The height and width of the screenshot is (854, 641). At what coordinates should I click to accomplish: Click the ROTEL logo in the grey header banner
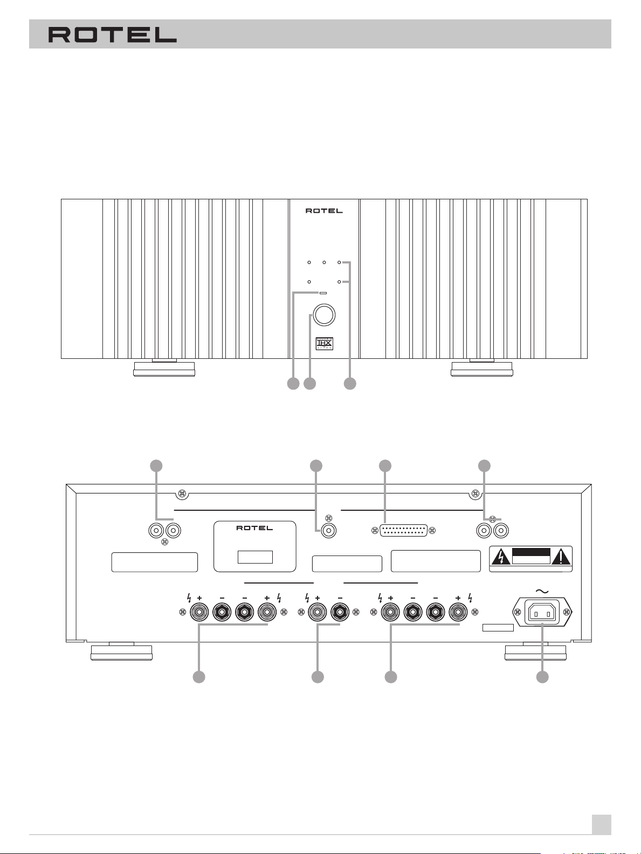pos(113,34)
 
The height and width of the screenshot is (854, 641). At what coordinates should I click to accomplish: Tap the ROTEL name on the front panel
pos(324,211)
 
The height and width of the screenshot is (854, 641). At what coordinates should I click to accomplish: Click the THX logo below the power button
pos(324,344)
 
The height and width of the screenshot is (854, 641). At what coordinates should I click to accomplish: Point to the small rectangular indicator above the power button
pos(323,293)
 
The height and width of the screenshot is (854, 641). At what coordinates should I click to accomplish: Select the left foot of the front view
pos(164,368)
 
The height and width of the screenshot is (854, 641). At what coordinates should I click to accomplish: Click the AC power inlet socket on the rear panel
pos(542,612)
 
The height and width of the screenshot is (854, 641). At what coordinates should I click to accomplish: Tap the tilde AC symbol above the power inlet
pos(542,592)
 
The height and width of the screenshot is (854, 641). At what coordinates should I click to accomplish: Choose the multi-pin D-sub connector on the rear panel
pos(403,530)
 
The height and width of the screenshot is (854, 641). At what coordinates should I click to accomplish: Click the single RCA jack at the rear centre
pos(329,531)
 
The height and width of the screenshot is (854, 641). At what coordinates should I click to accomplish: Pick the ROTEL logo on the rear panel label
pos(254,528)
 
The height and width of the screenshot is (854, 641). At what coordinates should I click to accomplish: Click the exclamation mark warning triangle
pos(561,558)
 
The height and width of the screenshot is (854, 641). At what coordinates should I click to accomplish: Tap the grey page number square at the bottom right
pos(601,824)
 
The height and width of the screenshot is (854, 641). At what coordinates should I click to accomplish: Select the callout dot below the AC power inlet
pos(542,677)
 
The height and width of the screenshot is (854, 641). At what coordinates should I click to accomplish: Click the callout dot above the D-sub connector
pos(385,466)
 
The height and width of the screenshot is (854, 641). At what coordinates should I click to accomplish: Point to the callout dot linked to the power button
pos(310,384)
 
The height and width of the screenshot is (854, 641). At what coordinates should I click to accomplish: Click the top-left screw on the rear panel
pos(182,494)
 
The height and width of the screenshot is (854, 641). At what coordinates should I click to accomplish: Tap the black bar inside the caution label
pos(531,553)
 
